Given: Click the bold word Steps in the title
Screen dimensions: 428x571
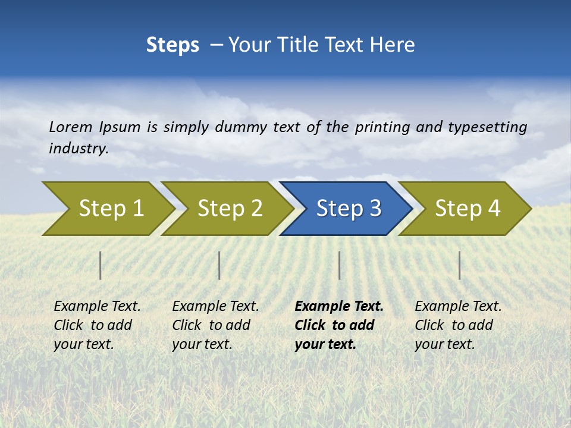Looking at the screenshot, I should pos(172,45).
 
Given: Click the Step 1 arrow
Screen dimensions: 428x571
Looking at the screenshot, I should pos(110,209).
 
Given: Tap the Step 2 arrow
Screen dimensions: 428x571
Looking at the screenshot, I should pos(229,209).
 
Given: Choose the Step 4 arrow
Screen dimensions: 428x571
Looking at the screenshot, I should pos(467,209).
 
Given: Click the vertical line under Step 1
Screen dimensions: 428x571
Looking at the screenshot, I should pos(101,265).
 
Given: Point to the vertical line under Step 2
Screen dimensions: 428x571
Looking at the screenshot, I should pos(219,265).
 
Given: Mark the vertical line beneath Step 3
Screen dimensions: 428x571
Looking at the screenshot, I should pos(339,265).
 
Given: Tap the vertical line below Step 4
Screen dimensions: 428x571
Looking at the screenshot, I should pos(459,265).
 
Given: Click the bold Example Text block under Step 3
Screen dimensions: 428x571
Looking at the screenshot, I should pos(338,325).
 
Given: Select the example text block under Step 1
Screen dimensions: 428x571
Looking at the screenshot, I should pos(97,325).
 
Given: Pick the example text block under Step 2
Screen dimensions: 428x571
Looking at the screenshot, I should pos(215,325).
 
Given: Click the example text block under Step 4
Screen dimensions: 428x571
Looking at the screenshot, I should pos(458,325).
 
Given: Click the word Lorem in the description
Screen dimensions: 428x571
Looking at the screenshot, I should pos(71,127).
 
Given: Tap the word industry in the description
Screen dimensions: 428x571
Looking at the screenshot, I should pos(79,149).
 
